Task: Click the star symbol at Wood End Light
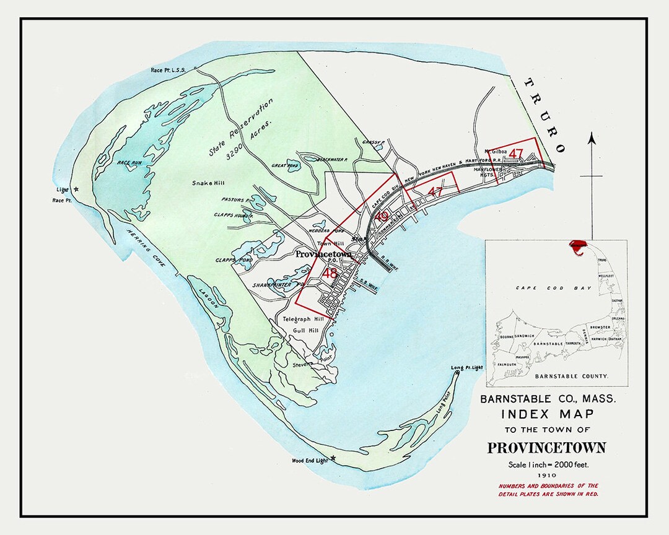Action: click(333, 458)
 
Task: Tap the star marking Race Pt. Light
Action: click(76, 189)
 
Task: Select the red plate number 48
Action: click(330, 272)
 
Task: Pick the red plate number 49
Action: click(382, 217)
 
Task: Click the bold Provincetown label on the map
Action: click(323, 254)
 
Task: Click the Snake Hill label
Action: click(208, 183)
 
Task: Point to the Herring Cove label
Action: click(146, 248)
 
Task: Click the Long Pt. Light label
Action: click(466, 368)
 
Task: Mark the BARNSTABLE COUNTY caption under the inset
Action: click(571, 376)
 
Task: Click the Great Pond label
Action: click(286, 166)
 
